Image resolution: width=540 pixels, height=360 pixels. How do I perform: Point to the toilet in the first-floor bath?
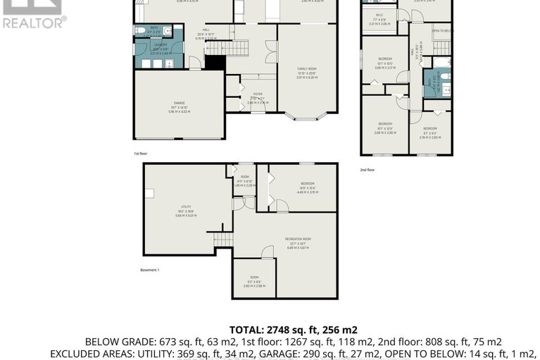[142, 30]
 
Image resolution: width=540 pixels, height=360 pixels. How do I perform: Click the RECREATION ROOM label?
[298, 240]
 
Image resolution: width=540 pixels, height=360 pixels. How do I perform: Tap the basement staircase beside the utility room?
[224, 241]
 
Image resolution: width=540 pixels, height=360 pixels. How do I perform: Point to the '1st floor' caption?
[140, 153]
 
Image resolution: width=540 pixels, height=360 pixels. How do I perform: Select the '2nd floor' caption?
[368, 170]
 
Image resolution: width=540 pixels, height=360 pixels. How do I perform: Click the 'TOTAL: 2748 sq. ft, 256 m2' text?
[294, 330]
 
